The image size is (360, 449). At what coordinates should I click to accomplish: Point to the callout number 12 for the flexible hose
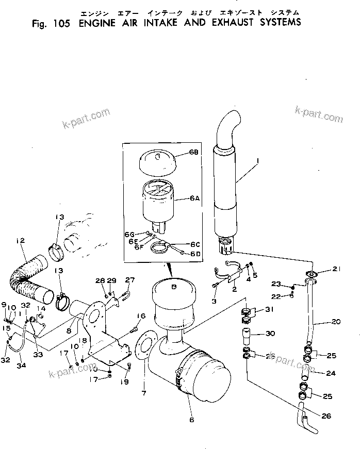20,241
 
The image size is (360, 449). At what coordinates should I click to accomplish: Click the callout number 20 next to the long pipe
336,322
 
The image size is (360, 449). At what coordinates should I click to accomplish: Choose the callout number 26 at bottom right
326,416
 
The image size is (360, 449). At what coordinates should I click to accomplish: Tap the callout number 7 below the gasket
144,393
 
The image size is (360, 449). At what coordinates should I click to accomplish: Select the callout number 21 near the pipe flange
336,268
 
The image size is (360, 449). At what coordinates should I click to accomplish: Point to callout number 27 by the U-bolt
129,280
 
